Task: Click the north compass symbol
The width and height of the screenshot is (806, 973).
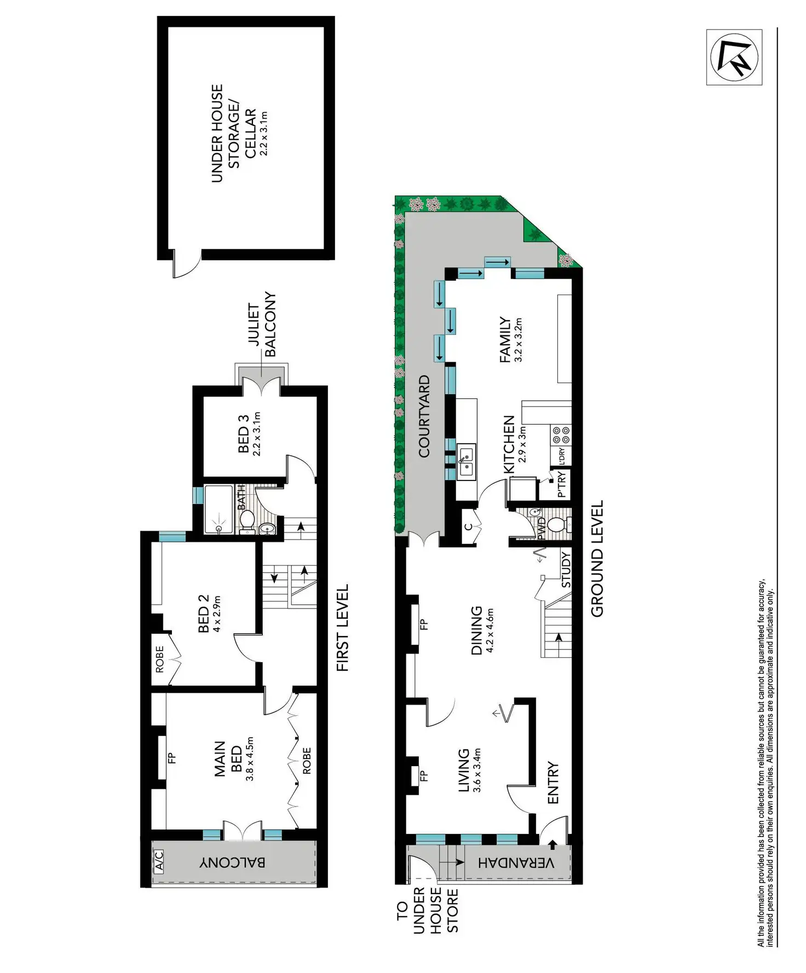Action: pos(734,57)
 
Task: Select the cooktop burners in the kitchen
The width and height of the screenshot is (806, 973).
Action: pos(561,435)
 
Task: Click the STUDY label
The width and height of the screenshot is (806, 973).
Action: pos(566,570)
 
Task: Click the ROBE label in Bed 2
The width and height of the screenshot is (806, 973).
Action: pos(159,659)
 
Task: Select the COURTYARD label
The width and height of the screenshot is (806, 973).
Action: pos(424,416)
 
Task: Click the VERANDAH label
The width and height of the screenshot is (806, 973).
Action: pos(516,863)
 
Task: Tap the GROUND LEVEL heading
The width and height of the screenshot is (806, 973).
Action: pos(597,559)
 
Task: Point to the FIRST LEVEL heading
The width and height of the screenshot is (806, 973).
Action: pos(342,628)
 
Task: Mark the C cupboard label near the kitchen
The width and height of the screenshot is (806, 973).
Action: pos(468,526)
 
